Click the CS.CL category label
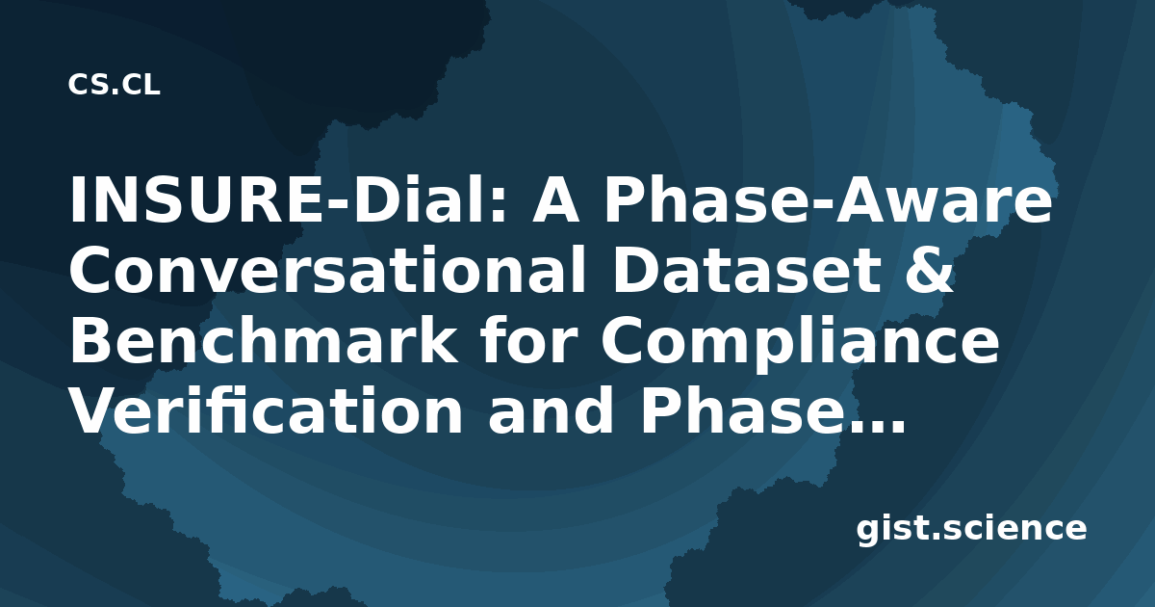click(114, 85)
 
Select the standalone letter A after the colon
click(556, 199)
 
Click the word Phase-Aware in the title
click(828, 199)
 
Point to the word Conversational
click(327, 270)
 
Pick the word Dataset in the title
click(746, 270)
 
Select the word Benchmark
click(263, 341)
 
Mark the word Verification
click(267, 410)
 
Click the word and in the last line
click(551, 410)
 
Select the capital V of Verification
click(94, 412)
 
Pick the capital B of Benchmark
click(91, 341)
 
